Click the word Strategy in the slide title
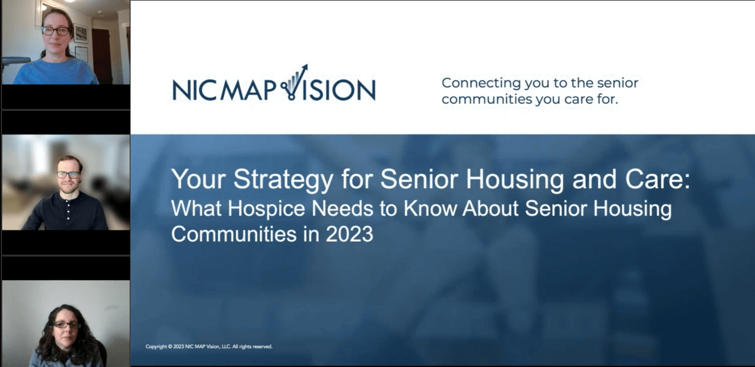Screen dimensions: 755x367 284,180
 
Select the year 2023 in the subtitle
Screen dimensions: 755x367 349,234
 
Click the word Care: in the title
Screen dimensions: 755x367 657,179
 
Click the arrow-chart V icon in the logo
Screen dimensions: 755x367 294,83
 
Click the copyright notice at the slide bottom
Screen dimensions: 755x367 209,346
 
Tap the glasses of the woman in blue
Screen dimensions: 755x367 55,31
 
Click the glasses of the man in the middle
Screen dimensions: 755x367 68,175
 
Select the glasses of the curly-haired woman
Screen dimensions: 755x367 67,325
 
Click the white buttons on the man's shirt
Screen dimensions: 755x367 68,210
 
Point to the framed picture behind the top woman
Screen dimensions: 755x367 80,33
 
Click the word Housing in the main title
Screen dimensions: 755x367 514,180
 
